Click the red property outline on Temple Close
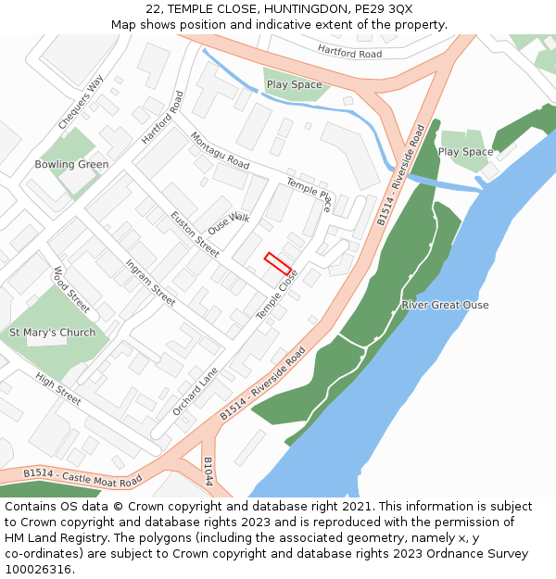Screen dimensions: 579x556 (x=280, y=263)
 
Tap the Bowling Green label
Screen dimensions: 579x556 (x=71, y=165)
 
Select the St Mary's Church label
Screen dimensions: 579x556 (x=52, y=333)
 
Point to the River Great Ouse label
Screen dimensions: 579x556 (x=445, y=305)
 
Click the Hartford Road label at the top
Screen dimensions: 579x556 (x=349, y=52)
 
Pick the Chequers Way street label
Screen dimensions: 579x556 (x=81, y=102)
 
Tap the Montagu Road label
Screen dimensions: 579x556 (x=220, y=150)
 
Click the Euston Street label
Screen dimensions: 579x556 (x=195, y=233)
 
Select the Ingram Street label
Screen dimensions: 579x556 (x=150, y=283)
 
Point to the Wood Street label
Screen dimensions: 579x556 (x=71, y=289)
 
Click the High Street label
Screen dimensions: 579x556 (x=58, y=388)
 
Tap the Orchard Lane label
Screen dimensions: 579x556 (x=195, y=391)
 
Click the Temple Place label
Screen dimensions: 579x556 (x=309, y=194)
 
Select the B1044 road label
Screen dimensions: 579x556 (x=208, y=472)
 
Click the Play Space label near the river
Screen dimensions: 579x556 (x=465, y=152)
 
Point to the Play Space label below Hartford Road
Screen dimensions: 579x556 (x=294, y=84)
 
